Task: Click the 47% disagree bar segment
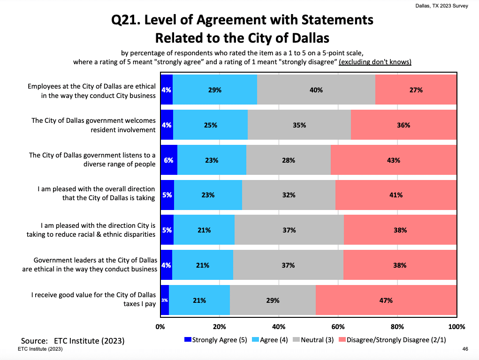point(386,300)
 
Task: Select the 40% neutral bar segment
point(316,90)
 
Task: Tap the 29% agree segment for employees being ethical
point(215,90)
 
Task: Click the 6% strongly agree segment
point(169,160)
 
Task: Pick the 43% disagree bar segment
point(394,160)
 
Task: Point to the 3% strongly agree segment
point(165,300)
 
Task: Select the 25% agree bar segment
point(211,125)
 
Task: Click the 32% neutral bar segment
point(289,195)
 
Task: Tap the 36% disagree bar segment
point(403,125)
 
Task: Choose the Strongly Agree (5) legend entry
point(215,340)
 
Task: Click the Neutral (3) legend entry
point(314,340)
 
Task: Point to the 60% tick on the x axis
point(338,327)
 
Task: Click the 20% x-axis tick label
point(219,327)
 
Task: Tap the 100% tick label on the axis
point(456,327)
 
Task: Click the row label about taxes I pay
point(93,300)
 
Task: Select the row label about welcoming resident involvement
point(93,125)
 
